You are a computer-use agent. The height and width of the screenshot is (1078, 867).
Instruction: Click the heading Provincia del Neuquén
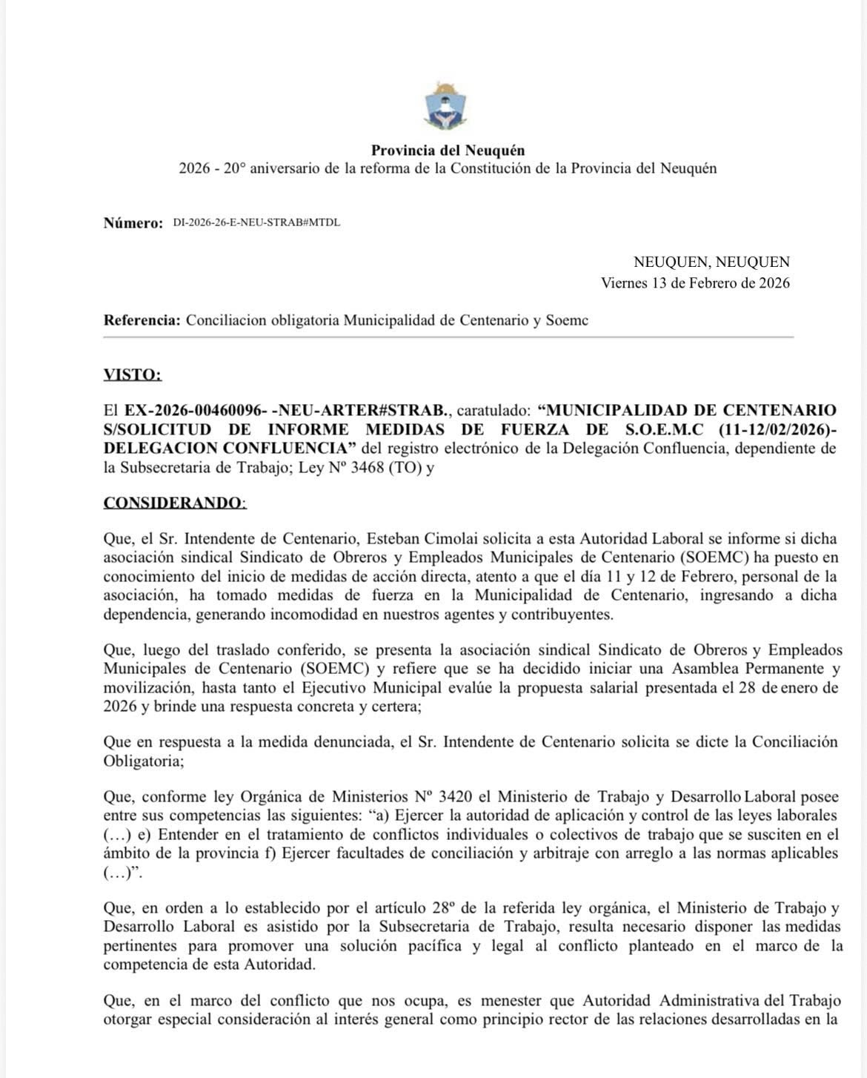coord(448,151)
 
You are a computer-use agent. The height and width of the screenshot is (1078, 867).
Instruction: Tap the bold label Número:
coord(133,223)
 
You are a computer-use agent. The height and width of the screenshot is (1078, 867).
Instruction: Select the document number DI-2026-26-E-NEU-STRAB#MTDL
coord(256,222)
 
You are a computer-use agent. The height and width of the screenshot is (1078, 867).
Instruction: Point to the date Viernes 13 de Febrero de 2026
coord(695,282)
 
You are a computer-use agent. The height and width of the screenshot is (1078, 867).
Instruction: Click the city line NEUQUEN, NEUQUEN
coord(711,262)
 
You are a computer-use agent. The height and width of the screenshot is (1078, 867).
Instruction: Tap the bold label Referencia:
coord(142,320)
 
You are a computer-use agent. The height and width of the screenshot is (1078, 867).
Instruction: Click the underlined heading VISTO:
coord(133,374)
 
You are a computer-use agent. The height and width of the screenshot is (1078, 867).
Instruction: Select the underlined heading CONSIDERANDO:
coord(175,503)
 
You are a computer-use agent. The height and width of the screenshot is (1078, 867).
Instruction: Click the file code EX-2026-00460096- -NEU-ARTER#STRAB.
coord(287,410)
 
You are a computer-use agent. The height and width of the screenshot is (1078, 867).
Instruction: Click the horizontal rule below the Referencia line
coord(448,337)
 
